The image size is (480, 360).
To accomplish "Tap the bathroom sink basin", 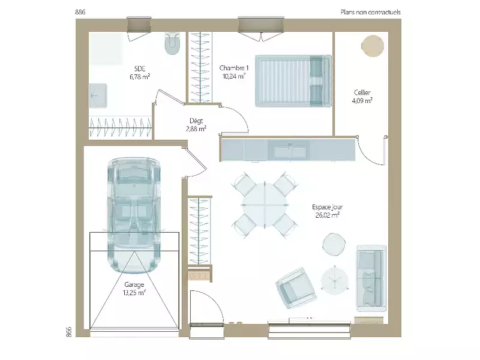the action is point(98,95).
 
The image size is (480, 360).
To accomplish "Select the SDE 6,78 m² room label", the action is point(140,73).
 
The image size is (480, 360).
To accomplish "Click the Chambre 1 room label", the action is point(234,68).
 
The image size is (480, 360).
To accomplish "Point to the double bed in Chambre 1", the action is point(293,81).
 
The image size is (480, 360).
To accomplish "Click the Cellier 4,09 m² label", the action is point(362,97).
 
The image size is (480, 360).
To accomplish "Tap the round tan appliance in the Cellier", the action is point(373,46).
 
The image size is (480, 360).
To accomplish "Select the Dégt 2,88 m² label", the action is point(196,125).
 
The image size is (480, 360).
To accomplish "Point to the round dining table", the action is point(265,205).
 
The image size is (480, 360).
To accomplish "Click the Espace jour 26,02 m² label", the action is point(327,211).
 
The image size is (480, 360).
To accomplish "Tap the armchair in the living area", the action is point(296,289).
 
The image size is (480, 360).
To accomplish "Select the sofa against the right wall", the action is point(371,278).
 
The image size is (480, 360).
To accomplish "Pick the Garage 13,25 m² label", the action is point(134,289).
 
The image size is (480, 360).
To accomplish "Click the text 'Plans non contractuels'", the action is point(370,12).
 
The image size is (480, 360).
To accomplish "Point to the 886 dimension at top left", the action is point(80,12).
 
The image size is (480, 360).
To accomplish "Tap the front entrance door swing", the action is point(206,307).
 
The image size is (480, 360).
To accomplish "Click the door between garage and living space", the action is point(196,162).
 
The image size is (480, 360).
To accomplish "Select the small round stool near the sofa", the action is point(334,244).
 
